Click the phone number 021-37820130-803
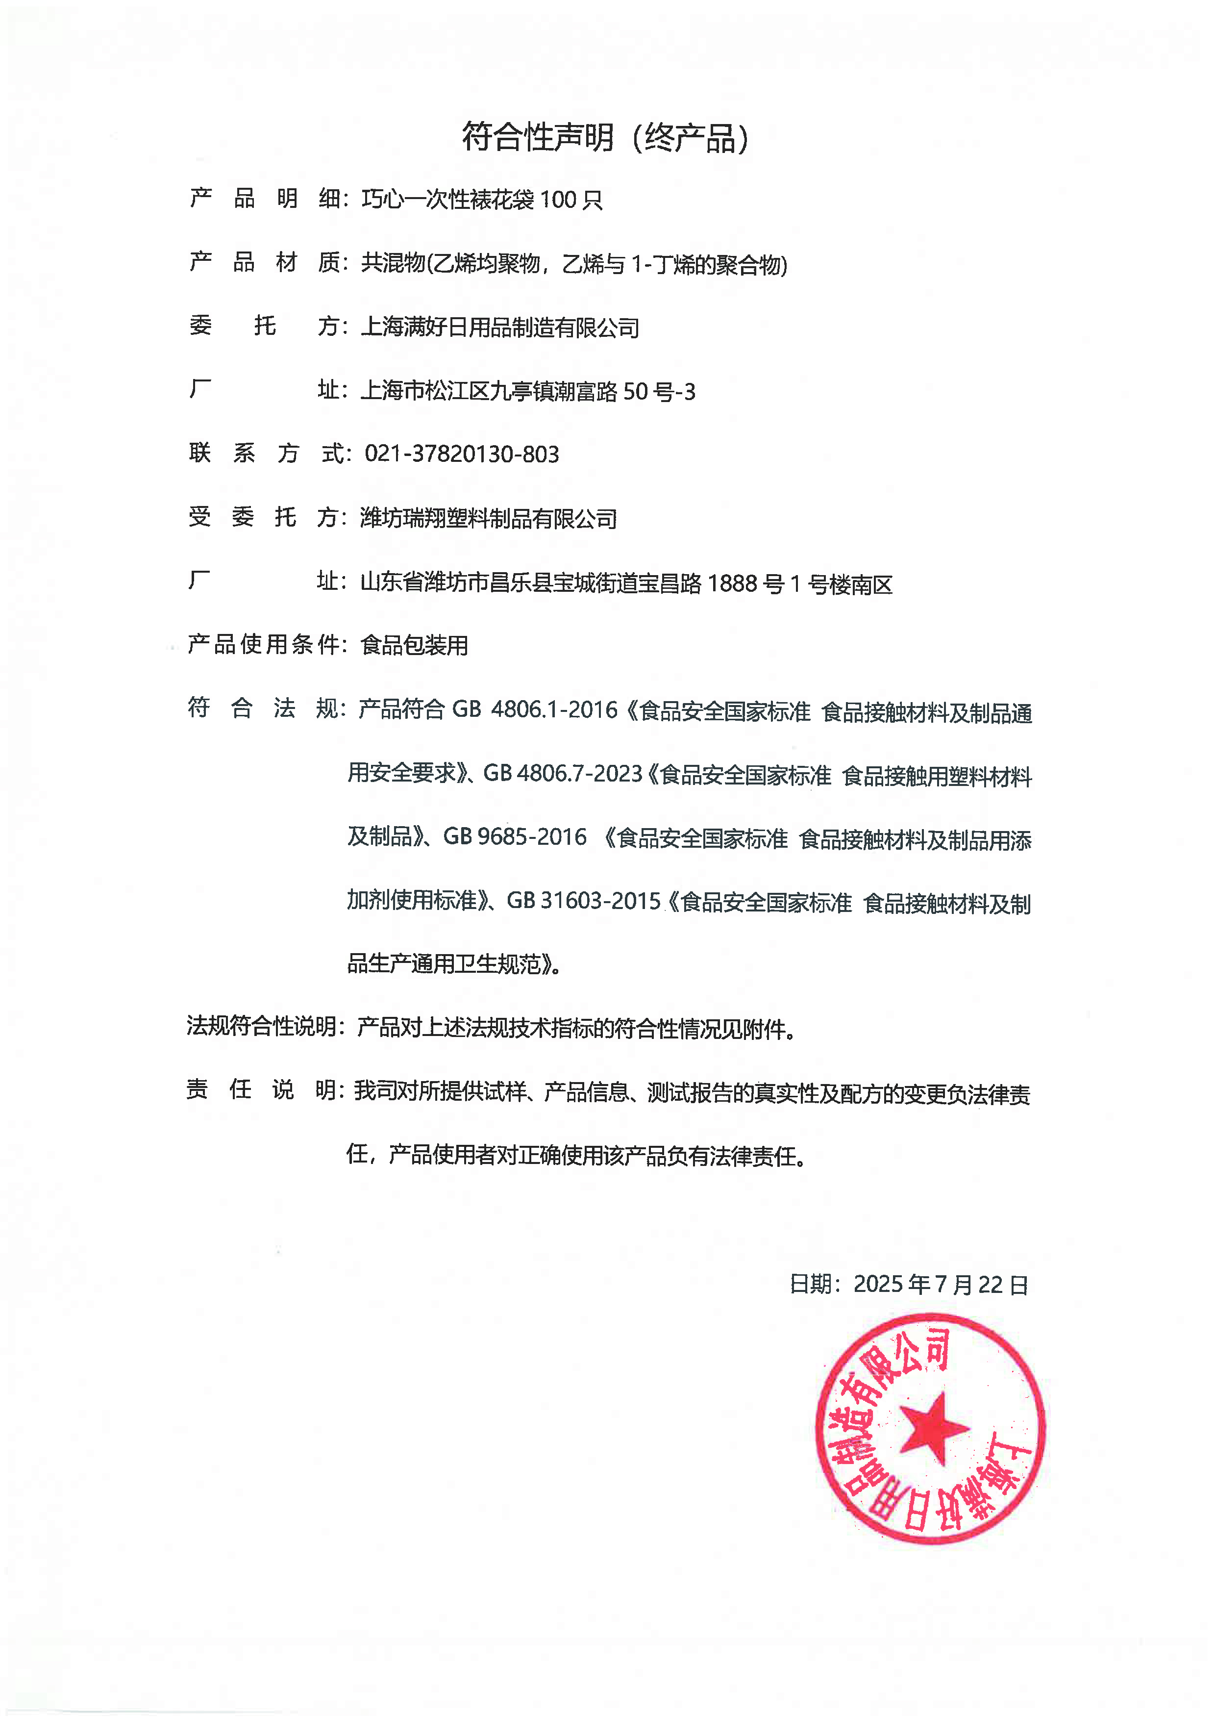(x=462, y=454)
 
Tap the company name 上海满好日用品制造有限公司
(x=500, y=328)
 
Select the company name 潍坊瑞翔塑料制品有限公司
(x=489, y=519)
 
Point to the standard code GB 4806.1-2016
(x=535, y=709)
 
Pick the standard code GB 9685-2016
(x=515, y=836)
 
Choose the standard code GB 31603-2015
(x=584, y=900)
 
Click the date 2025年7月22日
(x=941, y=1285)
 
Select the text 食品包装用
(x=415, y=645)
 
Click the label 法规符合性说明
(x=261, y=1026)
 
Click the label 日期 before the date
(x=810, y=1285)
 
